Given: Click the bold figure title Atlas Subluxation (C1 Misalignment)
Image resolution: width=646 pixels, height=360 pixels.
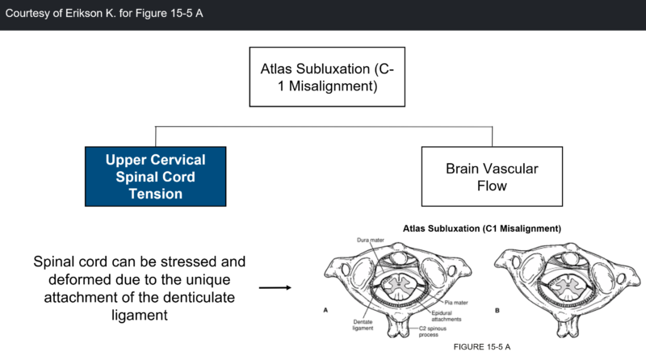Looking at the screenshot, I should pos(483,228).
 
